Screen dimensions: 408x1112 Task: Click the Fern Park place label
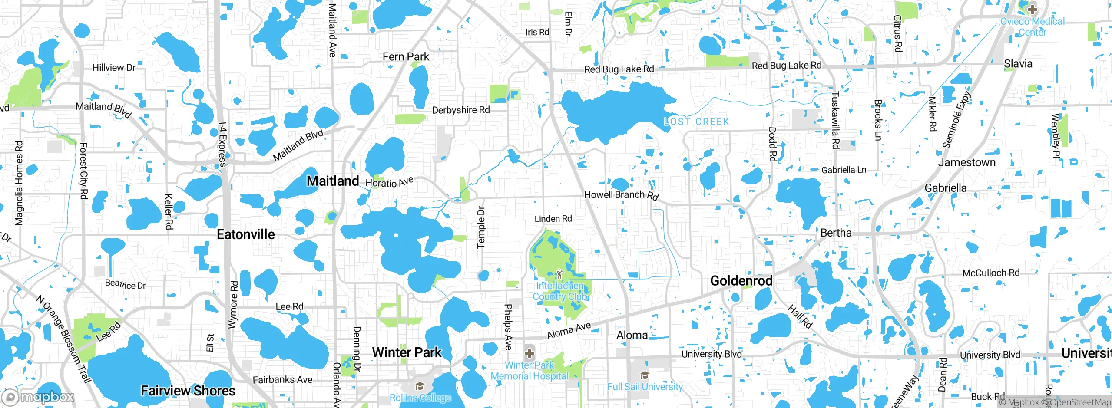click(406, 57)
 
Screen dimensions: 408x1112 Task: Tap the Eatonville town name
click(245, 234)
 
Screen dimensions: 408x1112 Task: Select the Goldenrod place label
click(741, 281)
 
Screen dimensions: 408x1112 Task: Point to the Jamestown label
click(966, 162)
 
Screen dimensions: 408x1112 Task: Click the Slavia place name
click(1018, 64)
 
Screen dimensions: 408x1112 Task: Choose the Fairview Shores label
click(188, 391)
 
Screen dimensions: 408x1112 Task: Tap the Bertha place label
click(836, 233)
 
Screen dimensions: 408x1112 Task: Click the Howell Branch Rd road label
click(621, 195)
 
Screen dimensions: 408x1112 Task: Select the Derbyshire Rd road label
click(460, 110)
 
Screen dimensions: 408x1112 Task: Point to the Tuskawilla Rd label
click(835, 120)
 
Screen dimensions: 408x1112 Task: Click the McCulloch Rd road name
click(990, 273)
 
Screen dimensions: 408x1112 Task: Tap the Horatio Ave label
click(389, 182)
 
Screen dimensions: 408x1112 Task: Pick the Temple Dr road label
click(481, 227)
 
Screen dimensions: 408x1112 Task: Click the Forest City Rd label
click(83, 171)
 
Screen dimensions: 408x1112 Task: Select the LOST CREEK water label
click(696, 122)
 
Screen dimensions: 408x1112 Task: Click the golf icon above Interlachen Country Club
click(559, 274)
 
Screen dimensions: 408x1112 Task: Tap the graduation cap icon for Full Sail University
click(645, 375)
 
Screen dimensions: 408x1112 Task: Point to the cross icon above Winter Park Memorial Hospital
click(529, 353)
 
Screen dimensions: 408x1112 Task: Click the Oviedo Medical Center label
click(1032, 26)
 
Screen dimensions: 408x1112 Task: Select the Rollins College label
click(420, 398)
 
